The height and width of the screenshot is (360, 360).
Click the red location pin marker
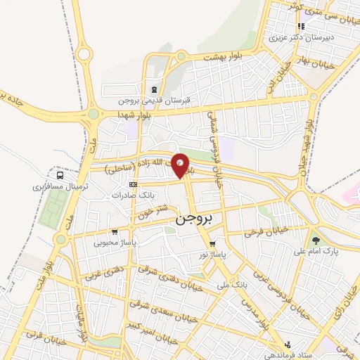point(181,165)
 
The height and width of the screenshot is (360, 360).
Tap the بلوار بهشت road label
point(225,56)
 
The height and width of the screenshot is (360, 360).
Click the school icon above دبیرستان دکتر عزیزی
point(302,27)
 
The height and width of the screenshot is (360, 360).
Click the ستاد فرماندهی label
point(287,355)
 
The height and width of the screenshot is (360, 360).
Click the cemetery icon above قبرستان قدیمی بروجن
point(153,89)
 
